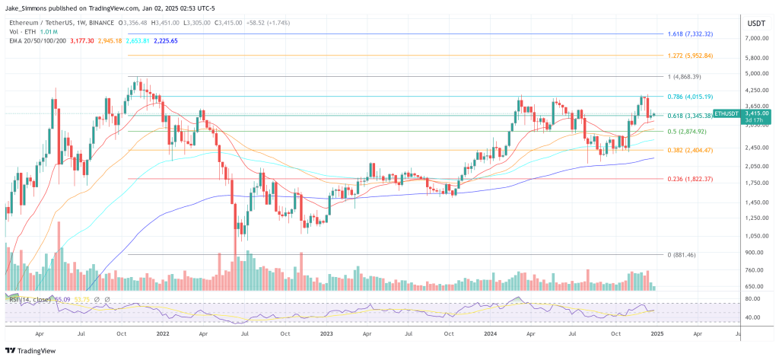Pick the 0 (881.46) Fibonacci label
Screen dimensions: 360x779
(x=690, y=254)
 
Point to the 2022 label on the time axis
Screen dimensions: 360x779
(x=162, y=333)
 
